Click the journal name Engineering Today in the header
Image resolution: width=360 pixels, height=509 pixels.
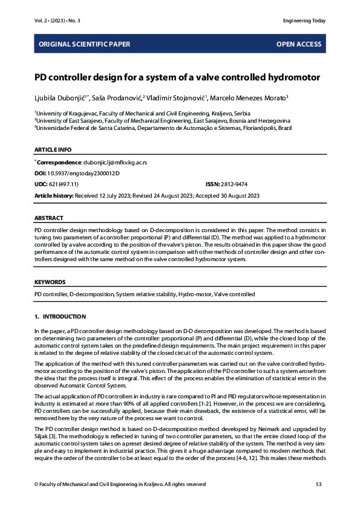pos(304,21)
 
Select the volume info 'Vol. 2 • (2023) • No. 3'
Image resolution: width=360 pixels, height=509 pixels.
pos(57,21)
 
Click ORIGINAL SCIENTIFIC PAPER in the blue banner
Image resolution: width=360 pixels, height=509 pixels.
pos(84,44)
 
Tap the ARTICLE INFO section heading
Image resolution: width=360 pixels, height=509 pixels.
pos(53,149)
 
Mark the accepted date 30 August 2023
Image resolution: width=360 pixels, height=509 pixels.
pos(238,195)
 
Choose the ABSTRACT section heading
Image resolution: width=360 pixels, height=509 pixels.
pos(48,218)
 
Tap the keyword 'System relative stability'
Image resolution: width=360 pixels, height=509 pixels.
pos(145,294)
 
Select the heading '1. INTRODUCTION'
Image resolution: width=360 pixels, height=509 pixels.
pos(60,317)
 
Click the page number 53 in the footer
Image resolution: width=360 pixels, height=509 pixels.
pos(319,484)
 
